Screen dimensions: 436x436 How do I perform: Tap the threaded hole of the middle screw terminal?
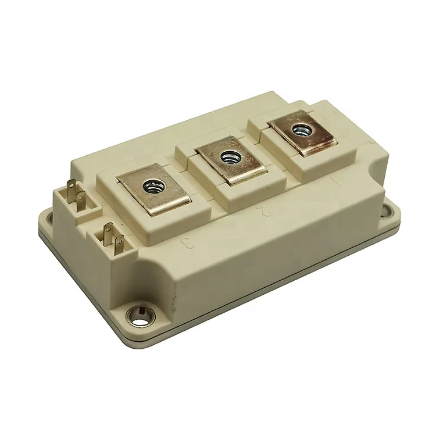228,155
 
